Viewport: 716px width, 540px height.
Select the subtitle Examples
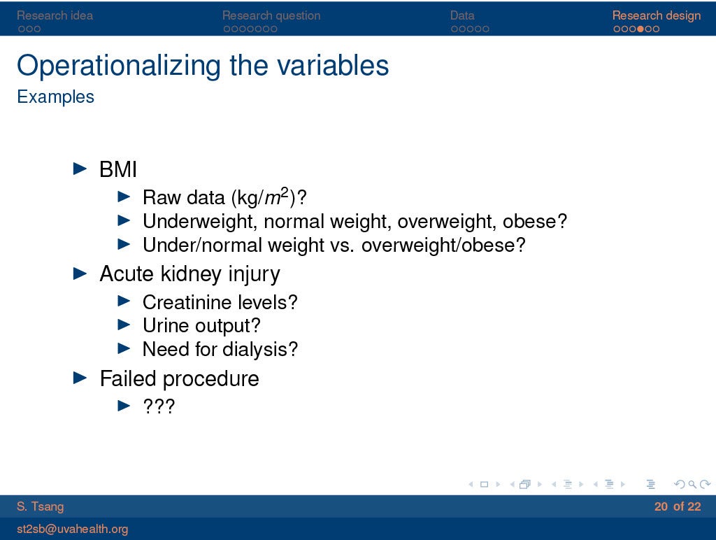pos(55,97)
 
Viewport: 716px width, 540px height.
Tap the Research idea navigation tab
pos(55,15)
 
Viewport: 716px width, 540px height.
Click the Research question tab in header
pos(271,15)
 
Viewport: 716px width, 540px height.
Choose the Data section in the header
pos(462,15)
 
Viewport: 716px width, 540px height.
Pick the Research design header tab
pos(656,16)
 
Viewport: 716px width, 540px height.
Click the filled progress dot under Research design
pos(640,29)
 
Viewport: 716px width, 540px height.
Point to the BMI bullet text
pos(118,169)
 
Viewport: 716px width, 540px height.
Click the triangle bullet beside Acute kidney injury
pos(80,273)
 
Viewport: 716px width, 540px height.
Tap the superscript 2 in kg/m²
pos(285,192)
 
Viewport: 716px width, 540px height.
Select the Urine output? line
pos(201,326)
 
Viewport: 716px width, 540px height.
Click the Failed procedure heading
pos(180,378)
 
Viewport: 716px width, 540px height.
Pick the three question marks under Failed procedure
pos(159,406)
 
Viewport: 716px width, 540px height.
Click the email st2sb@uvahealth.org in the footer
pos(73,529)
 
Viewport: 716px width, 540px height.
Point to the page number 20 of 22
pos(678,506)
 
